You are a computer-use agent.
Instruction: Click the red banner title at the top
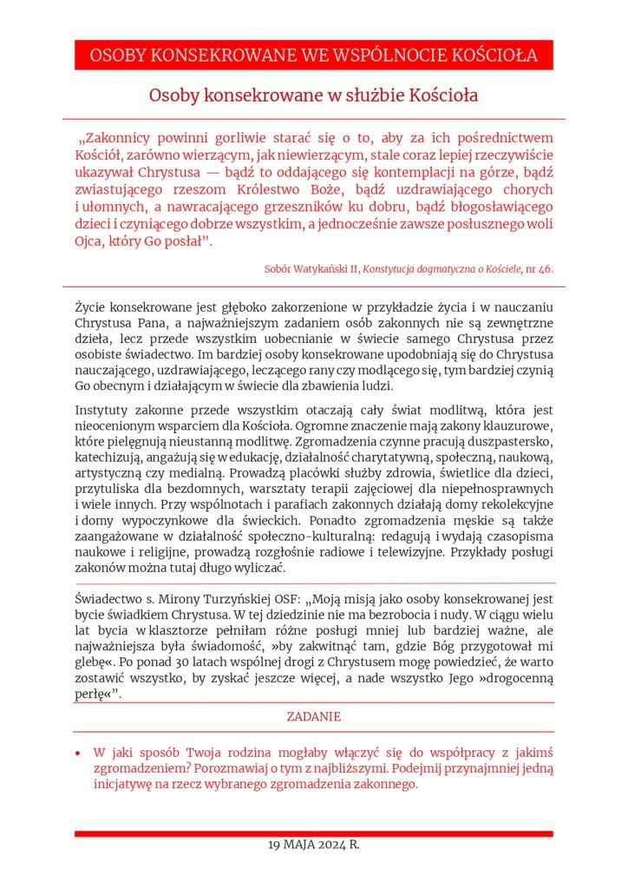pyautogui.click(x=313, y=56)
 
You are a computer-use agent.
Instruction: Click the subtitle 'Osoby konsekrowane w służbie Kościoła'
pyautogui.click(x=313, y=95)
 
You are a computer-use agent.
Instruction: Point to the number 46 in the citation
pyautogui.click(x=546, y=269)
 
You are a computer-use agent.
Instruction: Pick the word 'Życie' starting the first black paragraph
pyautogui.click(x=91, y=307)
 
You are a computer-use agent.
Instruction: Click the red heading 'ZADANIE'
pyautogui.click(x=313, y=717)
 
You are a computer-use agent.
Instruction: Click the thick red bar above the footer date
pyautogui.click(x=313, y=833)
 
